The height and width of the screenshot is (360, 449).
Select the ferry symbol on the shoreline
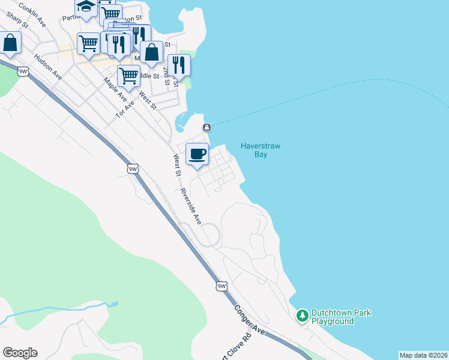206,127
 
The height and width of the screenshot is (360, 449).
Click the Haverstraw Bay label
261,150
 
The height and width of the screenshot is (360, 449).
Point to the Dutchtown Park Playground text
341,317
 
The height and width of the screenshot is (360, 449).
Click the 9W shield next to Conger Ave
222,286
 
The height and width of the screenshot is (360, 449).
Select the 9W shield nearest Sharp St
23,71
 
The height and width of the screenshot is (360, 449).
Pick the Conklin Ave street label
32,14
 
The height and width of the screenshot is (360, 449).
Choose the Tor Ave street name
125,107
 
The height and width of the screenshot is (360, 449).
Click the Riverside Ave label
191,207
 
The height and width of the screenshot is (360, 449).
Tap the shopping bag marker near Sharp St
10,44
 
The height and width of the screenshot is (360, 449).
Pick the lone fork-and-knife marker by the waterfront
179,65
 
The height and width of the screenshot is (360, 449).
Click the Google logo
20,353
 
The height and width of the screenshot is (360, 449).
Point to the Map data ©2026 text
423,355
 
